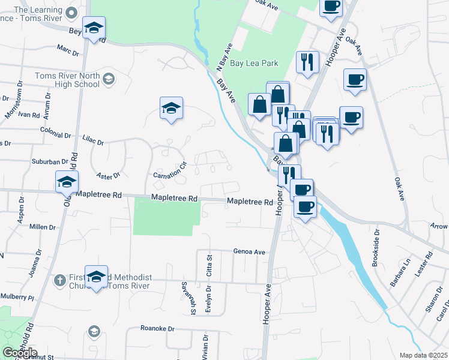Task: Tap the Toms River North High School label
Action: click(x=67, y=80)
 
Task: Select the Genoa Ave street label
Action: click(x=249, y=252)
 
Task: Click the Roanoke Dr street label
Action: click(x=157, y=329)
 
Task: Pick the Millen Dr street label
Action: click(x=42, y=227)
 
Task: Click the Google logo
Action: click(x=20, y=353)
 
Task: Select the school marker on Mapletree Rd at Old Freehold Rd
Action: click(x=67, y=182)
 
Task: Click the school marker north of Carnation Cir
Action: click(x=171, y=109)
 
